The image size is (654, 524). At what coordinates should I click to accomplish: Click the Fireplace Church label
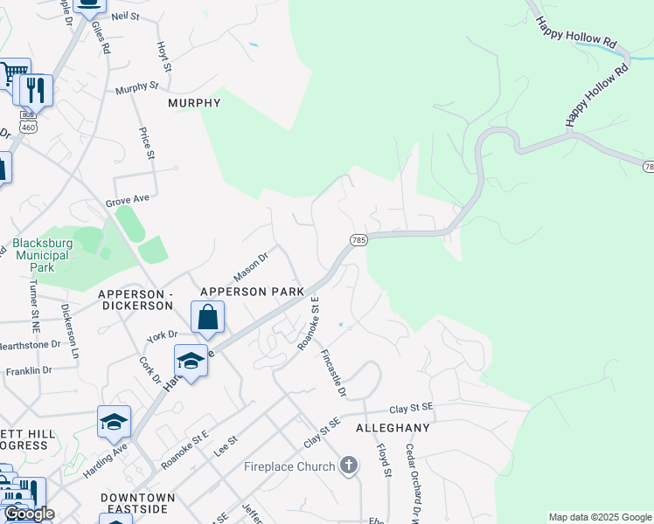[x=289, y=466]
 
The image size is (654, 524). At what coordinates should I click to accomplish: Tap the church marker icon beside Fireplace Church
[x=349, y=465]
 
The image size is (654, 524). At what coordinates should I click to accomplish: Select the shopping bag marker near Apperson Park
[x=207, y=317]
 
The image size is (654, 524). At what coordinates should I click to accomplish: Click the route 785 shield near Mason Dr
[x=358, y=239]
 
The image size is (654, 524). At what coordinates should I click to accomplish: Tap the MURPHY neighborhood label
[x=194, y=103]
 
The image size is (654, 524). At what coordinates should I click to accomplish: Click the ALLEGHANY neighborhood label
[x=393, y=428]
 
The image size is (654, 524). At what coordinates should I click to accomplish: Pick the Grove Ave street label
[x=128, y=200]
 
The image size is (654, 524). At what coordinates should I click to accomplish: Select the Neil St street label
[x=126, y=16]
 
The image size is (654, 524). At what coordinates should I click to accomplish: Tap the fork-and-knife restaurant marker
[x=35, y=90]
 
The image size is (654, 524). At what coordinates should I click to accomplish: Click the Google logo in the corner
[x=28, y=514]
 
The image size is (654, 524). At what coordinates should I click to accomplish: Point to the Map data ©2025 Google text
[x=600, y=517]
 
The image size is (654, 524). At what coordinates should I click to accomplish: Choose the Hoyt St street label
[x=163, y=57]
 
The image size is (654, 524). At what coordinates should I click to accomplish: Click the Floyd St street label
[x=383, y=460]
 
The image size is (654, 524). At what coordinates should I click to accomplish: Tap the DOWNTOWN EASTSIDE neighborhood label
[x=137, y=503]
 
